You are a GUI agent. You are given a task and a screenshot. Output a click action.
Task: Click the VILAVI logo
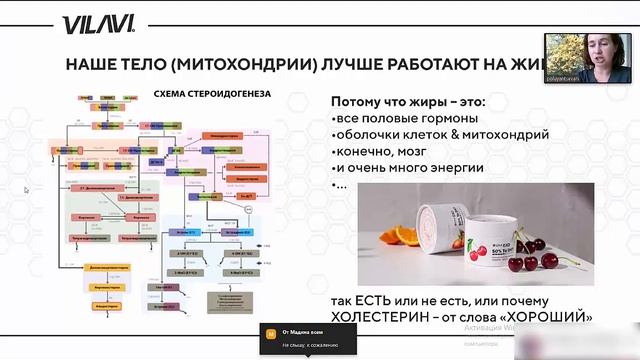click(x=90, y=24)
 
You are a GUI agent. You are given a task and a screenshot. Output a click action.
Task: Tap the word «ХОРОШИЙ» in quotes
click(x=546, y=318)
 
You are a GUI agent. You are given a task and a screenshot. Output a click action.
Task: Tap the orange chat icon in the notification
click(x=268, y=332)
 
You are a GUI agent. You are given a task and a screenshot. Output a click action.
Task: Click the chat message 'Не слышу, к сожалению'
click(x=310, y=344)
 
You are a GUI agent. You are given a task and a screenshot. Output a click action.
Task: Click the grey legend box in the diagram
click(x=228, y=301)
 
